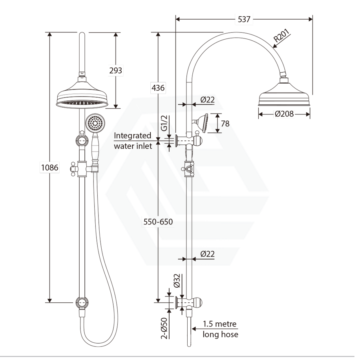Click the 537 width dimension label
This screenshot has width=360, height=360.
click(244, 19)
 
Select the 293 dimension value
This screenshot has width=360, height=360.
click(116, 70)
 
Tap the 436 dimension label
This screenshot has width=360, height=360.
click(158, 88)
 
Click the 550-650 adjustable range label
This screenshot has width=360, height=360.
click(158, 222)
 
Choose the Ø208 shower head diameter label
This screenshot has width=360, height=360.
click(284, 114)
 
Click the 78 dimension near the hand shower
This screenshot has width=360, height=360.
click(225, 124)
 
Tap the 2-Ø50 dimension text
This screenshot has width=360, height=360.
click(164, 328)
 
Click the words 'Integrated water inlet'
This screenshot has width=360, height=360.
click(133, 141)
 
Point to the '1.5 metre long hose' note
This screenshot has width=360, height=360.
click(220, 329)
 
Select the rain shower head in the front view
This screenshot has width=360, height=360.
click(82, 96)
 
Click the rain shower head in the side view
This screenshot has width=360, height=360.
click(284, 96)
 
